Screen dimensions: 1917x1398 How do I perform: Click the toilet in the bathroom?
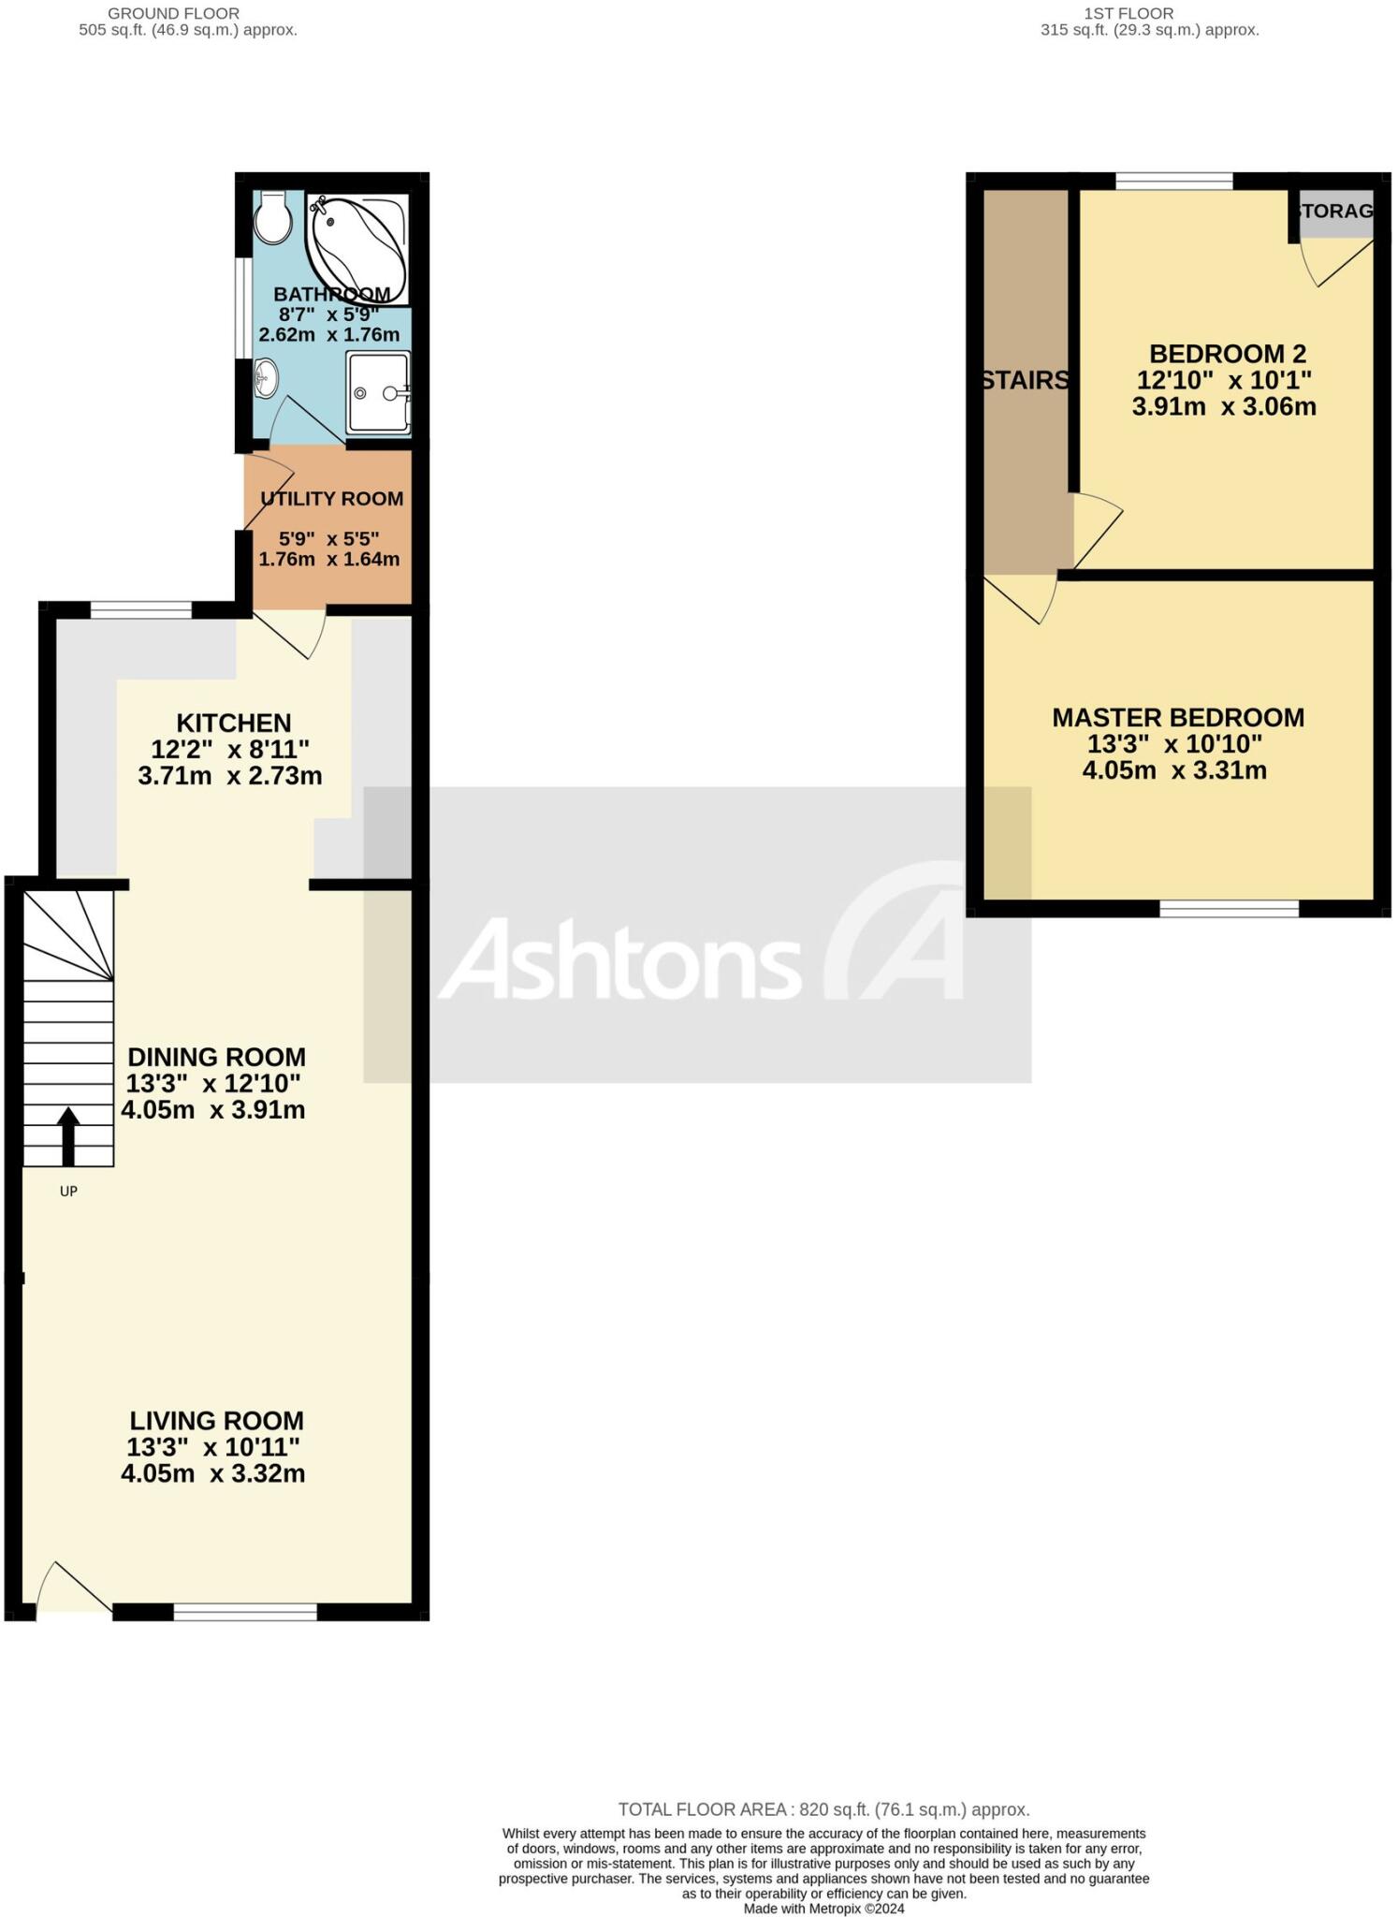click(x=272, y=218)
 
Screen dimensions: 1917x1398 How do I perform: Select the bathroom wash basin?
click(x=266, y=378)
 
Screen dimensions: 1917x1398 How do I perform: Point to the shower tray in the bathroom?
click(x=378, y=392)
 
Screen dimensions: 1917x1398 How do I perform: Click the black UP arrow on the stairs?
click(x=68, y=1135)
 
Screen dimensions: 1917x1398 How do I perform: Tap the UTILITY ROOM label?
click(x=332, y=499)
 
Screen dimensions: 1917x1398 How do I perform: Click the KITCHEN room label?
click(x=234, y=723)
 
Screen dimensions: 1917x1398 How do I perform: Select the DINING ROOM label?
click(x=216, y=1057)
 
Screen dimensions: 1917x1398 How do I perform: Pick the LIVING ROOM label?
click(x=216, y=1420)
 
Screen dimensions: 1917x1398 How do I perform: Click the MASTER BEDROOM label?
click(x=1177, y=718)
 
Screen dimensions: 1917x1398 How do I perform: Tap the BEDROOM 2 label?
click(x=1227, y=354)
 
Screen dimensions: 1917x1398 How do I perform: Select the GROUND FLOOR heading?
click(x=173, y=13)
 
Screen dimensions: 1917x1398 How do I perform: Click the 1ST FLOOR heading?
click(x=1128, y=13)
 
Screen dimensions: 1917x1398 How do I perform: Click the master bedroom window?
click(x=1229, y=907)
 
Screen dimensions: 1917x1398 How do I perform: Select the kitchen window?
click(x=140, y=610)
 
